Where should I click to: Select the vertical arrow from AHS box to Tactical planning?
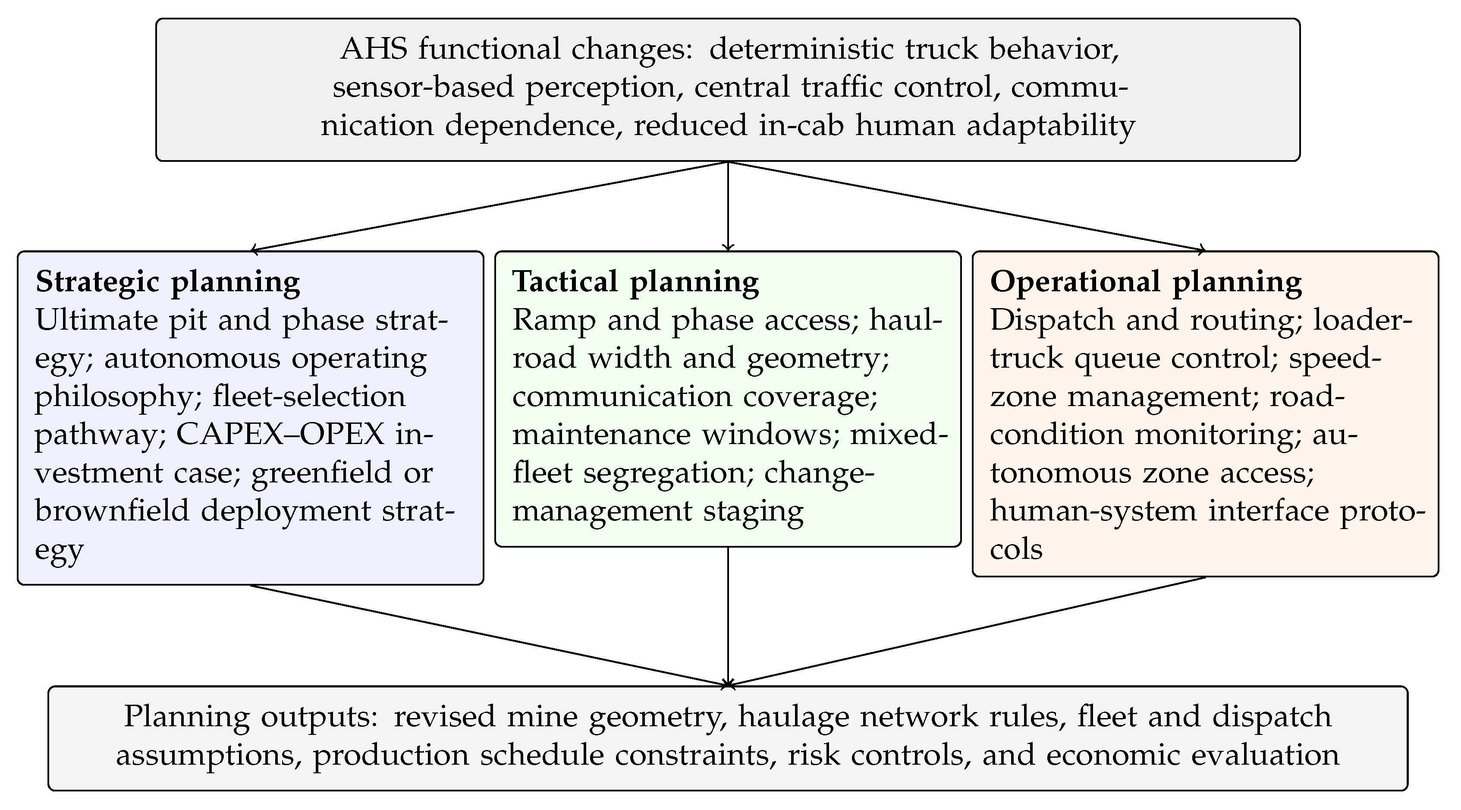[x=728, y=206]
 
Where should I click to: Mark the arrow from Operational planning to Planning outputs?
[x=966, y=631]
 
